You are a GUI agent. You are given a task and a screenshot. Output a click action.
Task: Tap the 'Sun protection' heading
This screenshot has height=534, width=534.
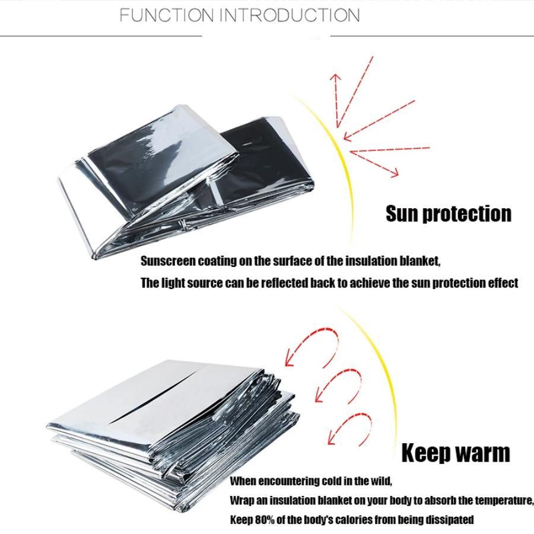(448, 214)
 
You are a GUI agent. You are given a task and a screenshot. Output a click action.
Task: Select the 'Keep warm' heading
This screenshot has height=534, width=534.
(455, 453)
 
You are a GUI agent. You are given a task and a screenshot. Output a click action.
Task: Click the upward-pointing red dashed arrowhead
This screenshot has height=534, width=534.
(335, 78)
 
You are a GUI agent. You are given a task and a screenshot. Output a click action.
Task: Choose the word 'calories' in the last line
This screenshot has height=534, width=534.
(355, 520)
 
